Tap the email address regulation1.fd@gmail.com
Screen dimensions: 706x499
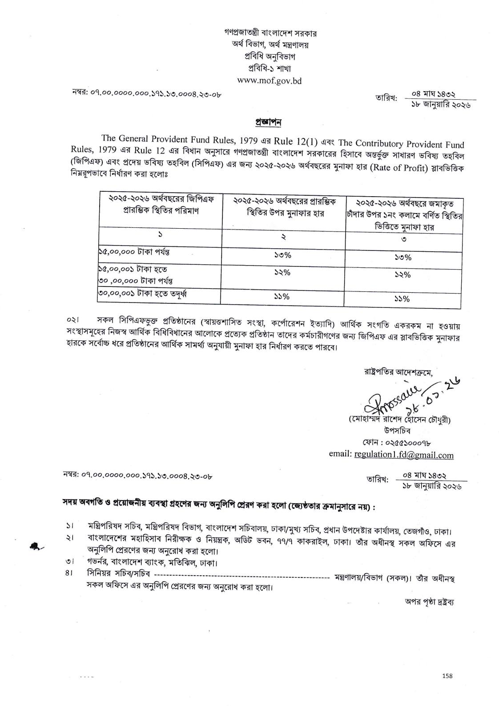click(403, 455)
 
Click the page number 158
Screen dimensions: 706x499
click(447, 688)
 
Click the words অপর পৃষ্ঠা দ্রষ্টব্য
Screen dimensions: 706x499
click(427, 602)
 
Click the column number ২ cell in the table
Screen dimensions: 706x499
click(283, 237)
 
